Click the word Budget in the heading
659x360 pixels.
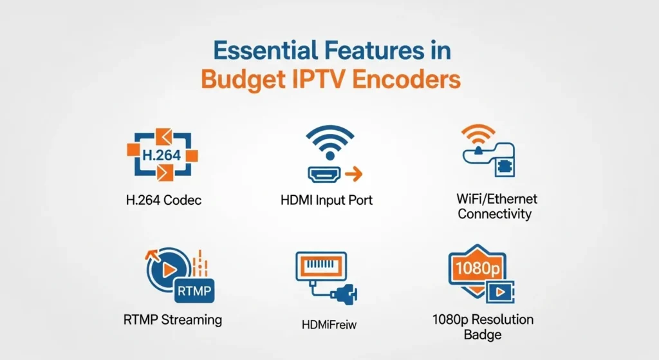tap(243, 81)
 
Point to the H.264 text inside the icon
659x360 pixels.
tap(162, 155)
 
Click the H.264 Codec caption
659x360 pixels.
tap(163, 200)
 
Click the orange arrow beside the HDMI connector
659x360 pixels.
tap(354, 173)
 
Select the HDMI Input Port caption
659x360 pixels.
tap(326, 200)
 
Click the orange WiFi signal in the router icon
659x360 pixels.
tap(478, 133)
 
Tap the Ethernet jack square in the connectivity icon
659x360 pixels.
tap(503, 167)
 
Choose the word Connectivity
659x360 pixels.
tap(495, 214)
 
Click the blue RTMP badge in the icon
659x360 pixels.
tap(194, 290)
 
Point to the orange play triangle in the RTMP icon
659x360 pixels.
tap(169, 269)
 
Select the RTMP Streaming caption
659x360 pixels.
tap(172, 319)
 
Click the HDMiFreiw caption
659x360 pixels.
tap(329, 325)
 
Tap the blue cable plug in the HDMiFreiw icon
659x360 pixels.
tap(345, 293)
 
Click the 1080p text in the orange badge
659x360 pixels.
tap(478, 268)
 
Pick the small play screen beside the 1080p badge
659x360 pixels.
tap(500, 292)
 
